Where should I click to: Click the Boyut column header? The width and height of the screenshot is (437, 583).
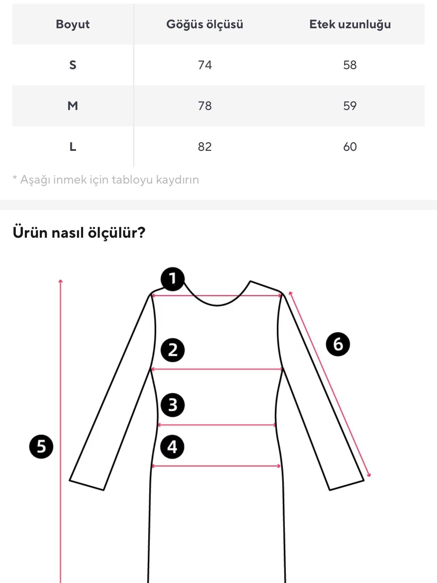coord(72,24)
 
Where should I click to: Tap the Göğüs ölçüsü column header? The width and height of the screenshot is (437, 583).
coord(205,24)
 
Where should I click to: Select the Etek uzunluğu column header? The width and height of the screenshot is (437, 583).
coord(350,24)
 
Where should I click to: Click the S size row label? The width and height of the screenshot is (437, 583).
coord(72,65)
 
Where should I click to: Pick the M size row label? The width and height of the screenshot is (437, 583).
coord(72,106)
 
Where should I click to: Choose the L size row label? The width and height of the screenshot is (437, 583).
coord(72,147)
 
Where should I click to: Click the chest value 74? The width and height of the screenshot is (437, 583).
coord(205,65)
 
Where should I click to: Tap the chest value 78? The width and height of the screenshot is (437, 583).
coord(205,106)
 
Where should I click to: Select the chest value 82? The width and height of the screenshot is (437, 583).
coord(205,147)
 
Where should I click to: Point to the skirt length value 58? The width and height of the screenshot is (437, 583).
coord(350,65)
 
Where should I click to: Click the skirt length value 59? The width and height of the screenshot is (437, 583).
coord(350,106)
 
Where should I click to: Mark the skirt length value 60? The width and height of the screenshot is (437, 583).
coord(350,147)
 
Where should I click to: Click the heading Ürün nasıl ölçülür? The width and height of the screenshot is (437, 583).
coord(79,233)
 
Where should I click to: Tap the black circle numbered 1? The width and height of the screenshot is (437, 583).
coord(173,279)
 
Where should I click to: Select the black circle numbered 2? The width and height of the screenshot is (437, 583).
coord(173,350)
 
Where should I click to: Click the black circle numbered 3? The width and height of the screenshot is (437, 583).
coord(173,405)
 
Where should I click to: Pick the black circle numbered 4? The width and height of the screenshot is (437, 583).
coord(172,447)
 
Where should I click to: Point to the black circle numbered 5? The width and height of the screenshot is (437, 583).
coord(41,446)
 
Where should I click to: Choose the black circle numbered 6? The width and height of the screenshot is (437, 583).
coord(338,344)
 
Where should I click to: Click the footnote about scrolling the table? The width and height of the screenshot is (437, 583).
coord(106,179)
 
